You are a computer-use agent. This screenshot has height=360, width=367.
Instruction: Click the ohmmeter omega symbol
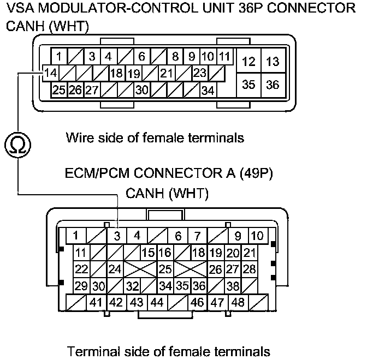[17, 144]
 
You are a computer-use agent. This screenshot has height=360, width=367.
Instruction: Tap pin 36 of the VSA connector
[273, 85]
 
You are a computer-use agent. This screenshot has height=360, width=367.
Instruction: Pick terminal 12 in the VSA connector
[248, 62]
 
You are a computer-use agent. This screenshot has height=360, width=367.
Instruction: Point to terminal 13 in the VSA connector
[273, 62]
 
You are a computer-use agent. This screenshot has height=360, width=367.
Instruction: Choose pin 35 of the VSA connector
[248, 85]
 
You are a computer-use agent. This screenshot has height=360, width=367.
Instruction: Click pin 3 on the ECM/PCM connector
[117, 236]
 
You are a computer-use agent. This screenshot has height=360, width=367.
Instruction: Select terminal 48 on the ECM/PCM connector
[238, 302]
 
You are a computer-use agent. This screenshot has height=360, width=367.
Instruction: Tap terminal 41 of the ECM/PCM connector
[96, 302]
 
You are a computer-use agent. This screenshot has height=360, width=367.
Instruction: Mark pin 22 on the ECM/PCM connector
[81, 269]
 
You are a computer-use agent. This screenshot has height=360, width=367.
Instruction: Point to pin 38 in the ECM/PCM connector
[233, 285]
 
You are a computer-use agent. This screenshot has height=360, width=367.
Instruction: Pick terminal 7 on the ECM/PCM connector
[197, 236]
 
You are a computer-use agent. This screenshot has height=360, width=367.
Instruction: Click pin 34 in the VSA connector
[208, 90]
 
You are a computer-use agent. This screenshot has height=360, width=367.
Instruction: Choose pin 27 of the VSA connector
[91, 90]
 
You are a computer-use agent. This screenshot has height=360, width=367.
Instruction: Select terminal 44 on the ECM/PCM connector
[157, 302]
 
